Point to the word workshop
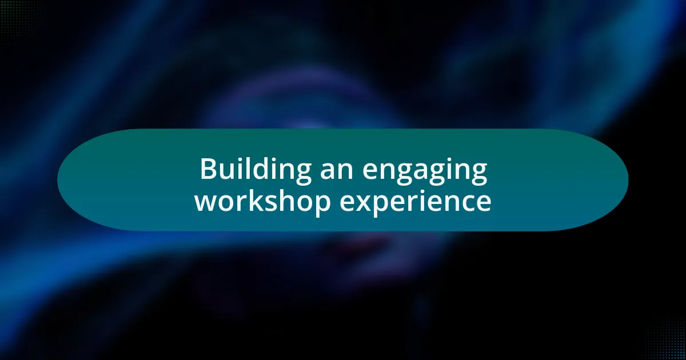coord(262,201)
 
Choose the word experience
coord(415,201)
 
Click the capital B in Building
coord(209,170)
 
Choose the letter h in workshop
coord(282,200)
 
